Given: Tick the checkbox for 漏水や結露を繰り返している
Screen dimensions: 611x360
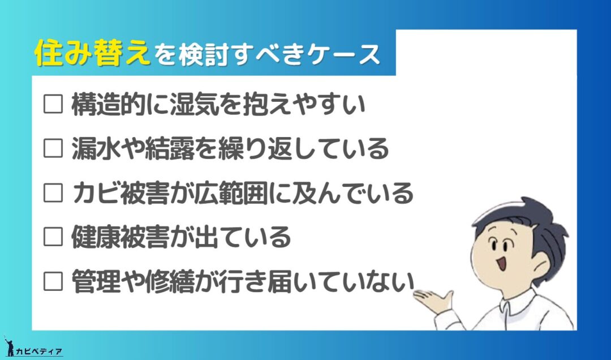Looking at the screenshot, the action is point(53,148).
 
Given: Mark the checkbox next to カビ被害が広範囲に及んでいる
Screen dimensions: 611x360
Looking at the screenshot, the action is point(53,192).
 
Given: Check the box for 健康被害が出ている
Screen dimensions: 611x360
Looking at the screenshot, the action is point(53,237).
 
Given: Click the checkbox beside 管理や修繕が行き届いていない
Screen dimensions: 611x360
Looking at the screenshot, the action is point(53,281).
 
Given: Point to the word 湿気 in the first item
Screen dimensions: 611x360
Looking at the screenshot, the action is point(193,104).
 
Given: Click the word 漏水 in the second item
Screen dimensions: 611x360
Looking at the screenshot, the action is point(96,149).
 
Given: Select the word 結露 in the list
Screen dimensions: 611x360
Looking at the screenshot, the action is point(169,149).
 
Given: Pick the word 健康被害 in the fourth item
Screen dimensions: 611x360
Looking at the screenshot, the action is point(121,237).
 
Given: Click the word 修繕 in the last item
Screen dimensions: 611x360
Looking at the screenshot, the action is point(169,281).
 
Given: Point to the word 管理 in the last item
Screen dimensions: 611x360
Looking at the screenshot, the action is point(96,281).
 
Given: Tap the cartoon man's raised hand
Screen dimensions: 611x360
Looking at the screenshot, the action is point(433,300).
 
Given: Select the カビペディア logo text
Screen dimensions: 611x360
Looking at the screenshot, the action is point(38,352).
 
